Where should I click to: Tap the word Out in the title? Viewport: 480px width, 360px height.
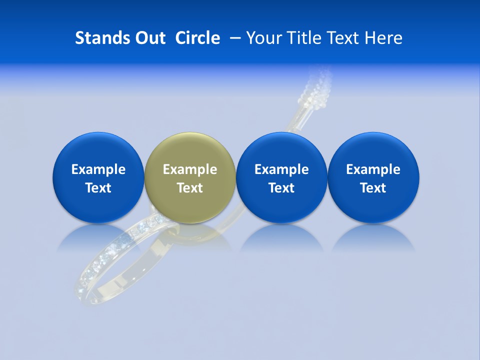(x=148, y=38)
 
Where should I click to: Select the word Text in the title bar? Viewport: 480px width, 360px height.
(x=345, y=38)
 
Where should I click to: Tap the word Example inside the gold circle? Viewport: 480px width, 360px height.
(x=190, y=169)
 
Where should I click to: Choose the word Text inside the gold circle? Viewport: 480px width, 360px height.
(x=190, y=188)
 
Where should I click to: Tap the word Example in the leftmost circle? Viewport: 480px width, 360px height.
(x=98, y=169)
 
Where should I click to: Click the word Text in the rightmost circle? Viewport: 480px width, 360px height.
(x=373, y=188)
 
